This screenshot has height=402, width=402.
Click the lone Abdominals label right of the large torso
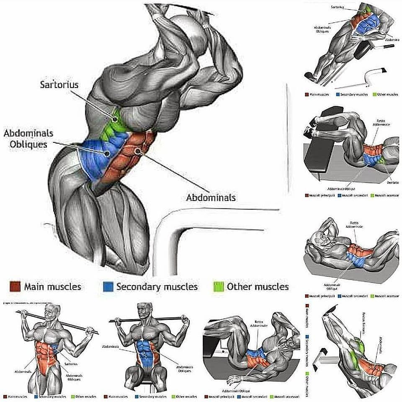point(211,197)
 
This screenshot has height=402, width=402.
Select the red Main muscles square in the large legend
point(15,287)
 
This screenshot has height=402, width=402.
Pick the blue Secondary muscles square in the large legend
point(108,287)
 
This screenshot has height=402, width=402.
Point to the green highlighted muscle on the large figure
point(114,121)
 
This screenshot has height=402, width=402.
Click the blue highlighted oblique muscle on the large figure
point(97,155)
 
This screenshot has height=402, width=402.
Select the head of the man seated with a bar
point(144,312)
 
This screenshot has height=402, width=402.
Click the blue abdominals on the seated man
point(144,352)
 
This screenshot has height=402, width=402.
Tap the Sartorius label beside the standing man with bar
point(72,364)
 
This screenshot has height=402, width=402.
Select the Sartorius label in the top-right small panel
point(338,7)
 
